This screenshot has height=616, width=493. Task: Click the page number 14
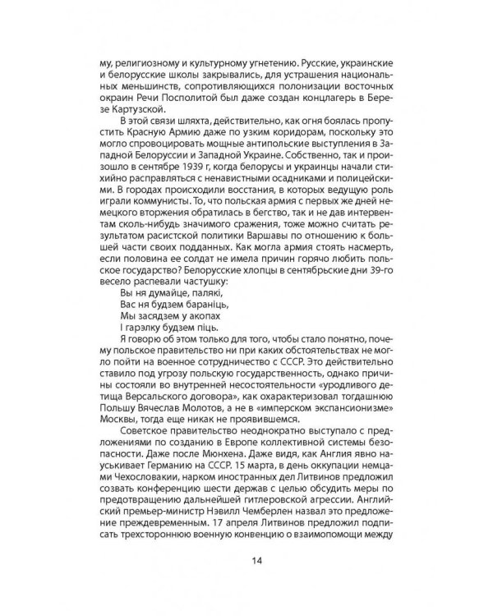tap(246, 561)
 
